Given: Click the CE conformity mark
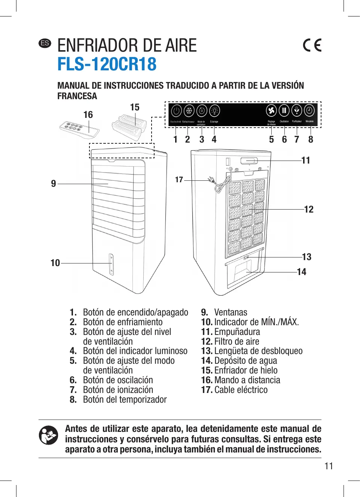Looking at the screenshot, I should coord(312,45).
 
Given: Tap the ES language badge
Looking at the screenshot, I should coord(45,43).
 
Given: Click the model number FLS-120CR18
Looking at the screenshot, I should coord(107,64).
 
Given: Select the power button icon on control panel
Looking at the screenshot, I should coord(176,111).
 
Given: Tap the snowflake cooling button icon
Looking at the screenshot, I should coord(189,111).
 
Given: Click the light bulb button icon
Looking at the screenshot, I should coord(214,111).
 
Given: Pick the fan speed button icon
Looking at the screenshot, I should coord(271,110).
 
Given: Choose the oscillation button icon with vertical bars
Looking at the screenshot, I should coord(284,110).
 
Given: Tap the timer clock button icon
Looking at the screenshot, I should coord(309,110).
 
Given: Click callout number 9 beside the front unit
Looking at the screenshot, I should coord(54,183).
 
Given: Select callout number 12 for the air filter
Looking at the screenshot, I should coord(309,209).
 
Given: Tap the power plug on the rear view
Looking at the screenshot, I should coord(211,180).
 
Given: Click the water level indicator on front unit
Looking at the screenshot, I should coord(111,264).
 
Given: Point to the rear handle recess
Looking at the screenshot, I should coord(249,161).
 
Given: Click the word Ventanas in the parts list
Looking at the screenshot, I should coord(231,312).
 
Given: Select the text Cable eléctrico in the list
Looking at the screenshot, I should coord(241,390).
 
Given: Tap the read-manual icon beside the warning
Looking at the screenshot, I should coord(49,435).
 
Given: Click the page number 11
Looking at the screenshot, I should coord(329,466).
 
